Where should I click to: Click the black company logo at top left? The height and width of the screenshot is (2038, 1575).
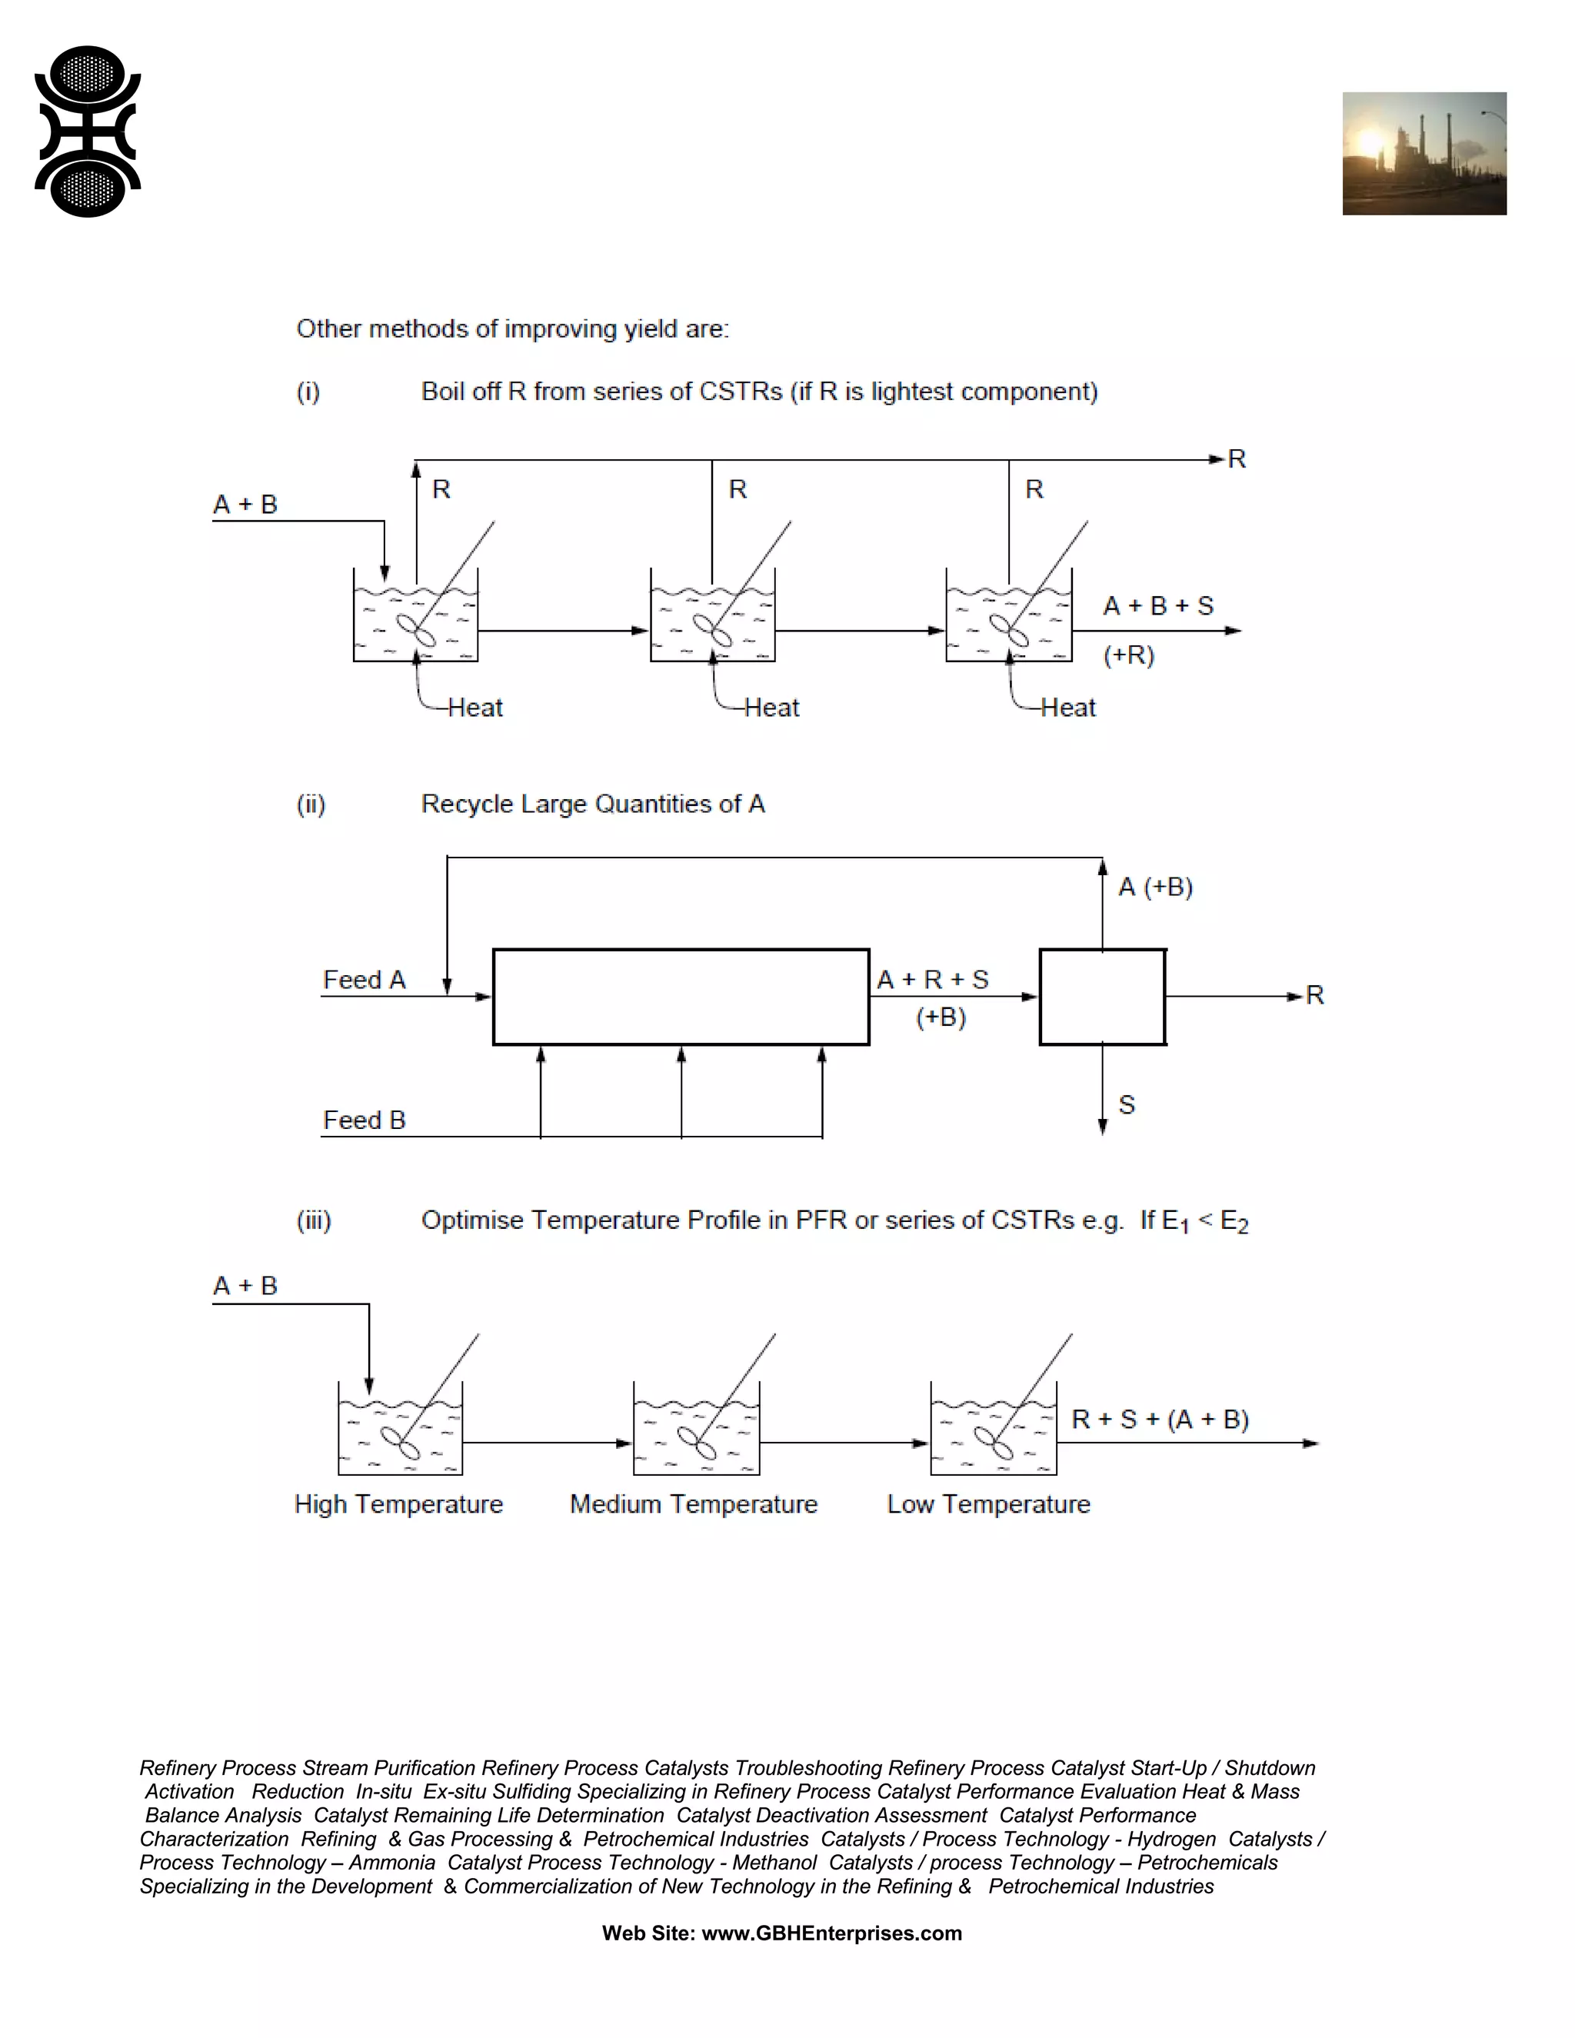point(88,132)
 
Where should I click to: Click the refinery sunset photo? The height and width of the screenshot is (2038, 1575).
point(1423,154)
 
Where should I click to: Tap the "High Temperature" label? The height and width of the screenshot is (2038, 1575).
point(398,1504)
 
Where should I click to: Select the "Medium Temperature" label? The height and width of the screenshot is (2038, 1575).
point(693,1504)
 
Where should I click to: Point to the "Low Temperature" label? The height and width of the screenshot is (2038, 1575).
point(988,1504)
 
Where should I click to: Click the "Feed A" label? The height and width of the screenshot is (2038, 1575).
point(364,980)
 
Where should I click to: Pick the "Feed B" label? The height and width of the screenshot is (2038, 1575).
point(364,1120)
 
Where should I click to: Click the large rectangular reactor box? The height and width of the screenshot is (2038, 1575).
point(681,997)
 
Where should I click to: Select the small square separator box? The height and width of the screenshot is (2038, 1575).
point(1102,997)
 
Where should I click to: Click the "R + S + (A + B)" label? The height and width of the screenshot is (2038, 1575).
point(1160,1420)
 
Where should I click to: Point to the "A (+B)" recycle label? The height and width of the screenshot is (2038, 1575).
point(1155,887)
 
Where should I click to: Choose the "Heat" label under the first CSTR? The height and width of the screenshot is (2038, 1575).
point(475,708)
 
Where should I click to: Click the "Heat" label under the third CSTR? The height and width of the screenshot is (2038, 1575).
point(1068,708)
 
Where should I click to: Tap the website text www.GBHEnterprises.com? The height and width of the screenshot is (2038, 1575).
point(831,1933)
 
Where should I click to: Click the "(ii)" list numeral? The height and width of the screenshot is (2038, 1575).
point(311,804)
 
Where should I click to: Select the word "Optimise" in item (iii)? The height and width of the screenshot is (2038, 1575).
point(471,1220)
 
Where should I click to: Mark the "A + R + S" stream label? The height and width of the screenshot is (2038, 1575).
point(932,980)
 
